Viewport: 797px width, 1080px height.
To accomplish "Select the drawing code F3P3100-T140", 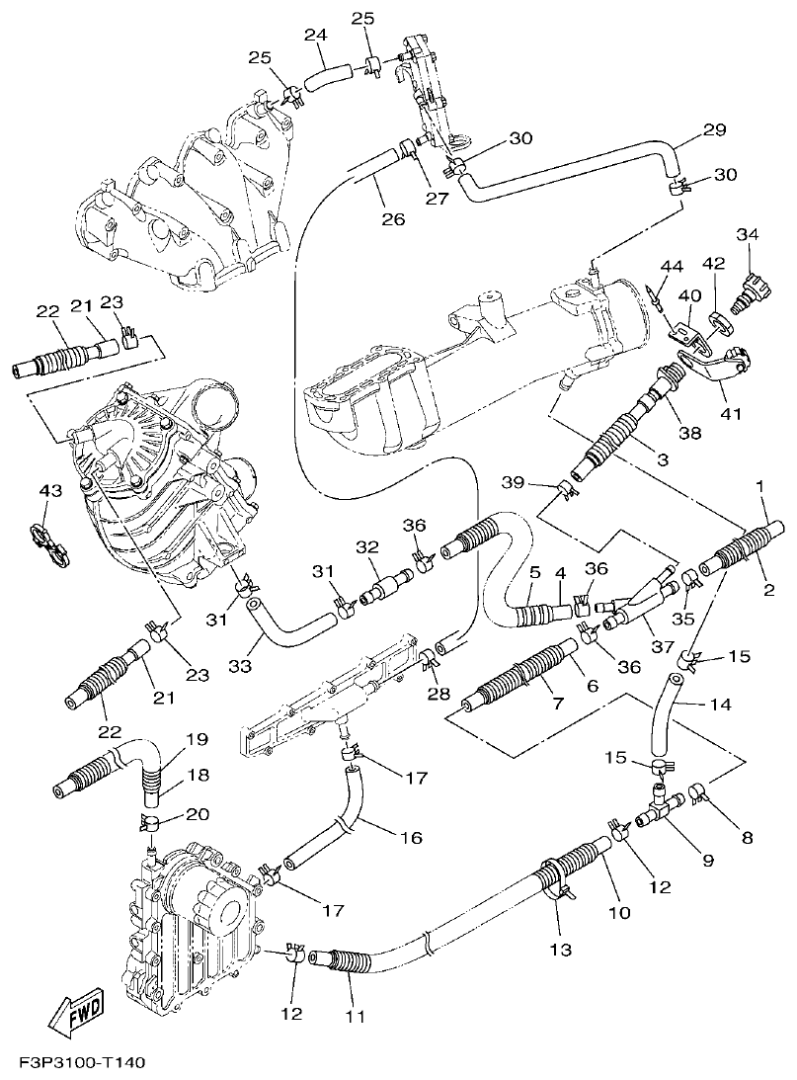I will click(82, 1063).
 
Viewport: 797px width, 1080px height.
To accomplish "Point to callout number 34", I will click(748, 234).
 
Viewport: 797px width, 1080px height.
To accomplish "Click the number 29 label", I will click(714, 130).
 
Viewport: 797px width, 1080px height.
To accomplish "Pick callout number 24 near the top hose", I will click(315, 36).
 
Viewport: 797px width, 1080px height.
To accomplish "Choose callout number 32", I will click(367, 548).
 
